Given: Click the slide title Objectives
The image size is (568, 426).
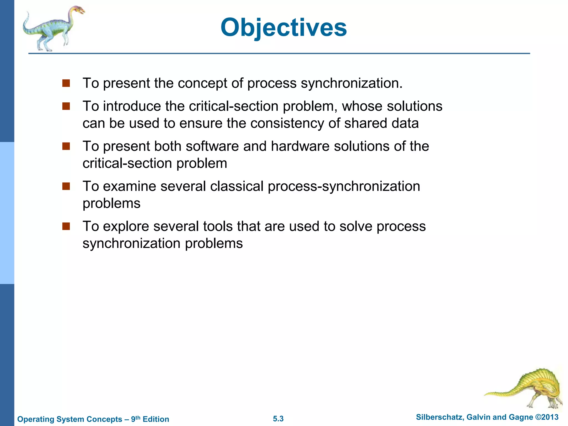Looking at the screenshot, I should [x=283, y=27].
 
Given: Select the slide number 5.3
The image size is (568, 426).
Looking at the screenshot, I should [x=278, y=419].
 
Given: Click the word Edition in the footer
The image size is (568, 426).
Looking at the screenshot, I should [x=156, y=419].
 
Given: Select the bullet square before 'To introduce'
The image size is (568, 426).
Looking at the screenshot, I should [x=66, y=106].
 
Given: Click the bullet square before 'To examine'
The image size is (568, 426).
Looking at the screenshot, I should [x=66, y=186].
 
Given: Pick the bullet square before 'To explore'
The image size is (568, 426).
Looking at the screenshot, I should [x=66, y=226].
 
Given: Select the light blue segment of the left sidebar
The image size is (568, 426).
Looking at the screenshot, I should [x=7, y=213].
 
